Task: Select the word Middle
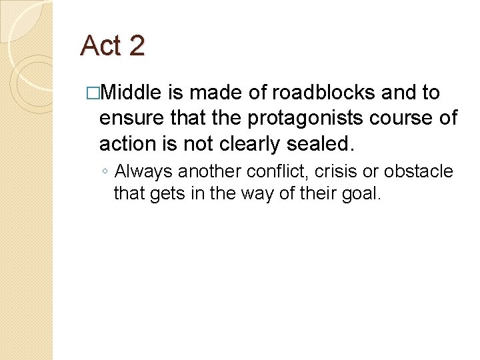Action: click(x=133, y=93)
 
